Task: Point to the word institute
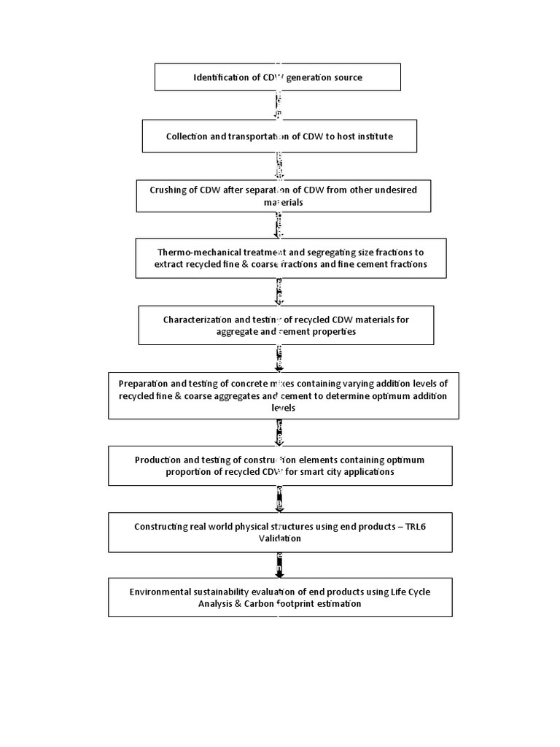[376, 136]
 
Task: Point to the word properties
[334, 331]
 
